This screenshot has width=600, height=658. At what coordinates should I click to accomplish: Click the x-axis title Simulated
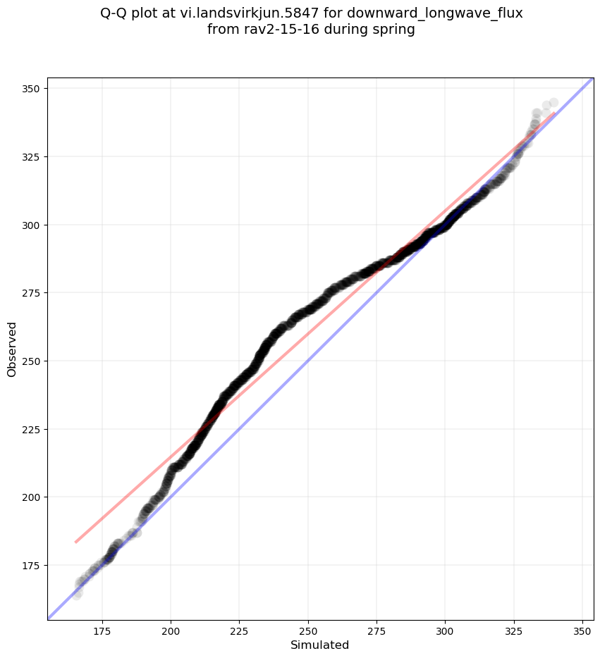point(320,645)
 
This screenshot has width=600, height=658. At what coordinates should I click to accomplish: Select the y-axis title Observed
point(12,349)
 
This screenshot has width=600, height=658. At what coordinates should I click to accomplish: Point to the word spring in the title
point(396,30)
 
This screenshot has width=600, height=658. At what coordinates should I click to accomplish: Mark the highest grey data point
point(553,103)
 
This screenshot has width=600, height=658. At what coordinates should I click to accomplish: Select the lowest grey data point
point(77,593)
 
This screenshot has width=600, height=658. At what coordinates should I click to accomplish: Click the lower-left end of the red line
point(75,542)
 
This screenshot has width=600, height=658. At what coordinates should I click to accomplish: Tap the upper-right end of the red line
point(554,113)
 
